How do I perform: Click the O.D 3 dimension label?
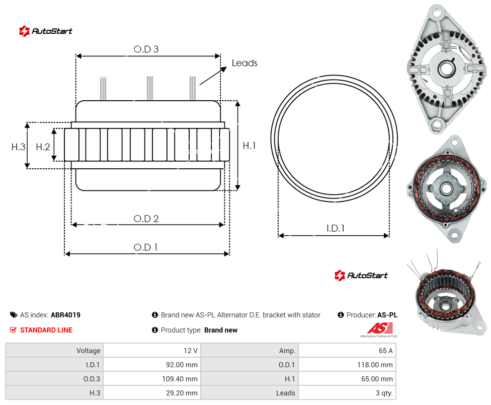(x=146, y=49)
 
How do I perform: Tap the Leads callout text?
(x=244, y=63)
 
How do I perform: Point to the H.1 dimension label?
(x=249, y=146)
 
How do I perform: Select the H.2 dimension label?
(x=43, y=147)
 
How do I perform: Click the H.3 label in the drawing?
(x=18, y=147)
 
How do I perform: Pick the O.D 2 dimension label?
(x=146, y=219)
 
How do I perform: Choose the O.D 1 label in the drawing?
(x=145, y=247)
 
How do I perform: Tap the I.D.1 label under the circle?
(x=336, y=228)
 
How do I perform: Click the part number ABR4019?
(x=65, y=315)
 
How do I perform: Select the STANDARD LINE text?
(x=46, y=330)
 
